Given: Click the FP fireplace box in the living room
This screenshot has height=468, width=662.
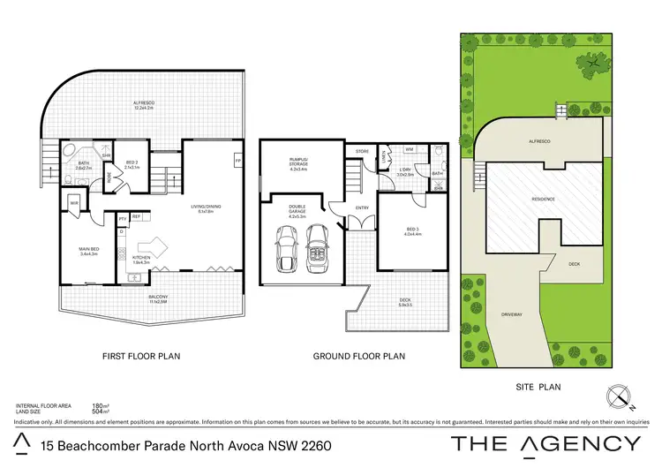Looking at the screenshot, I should pos(237,161).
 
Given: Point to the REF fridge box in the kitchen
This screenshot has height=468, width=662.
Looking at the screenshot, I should pos(136,215).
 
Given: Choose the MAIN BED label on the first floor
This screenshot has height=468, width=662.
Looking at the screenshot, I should pos(89,251).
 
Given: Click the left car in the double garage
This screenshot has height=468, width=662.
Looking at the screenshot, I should pos(288,251).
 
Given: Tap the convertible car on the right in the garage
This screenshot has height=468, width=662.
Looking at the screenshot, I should pos(315,253).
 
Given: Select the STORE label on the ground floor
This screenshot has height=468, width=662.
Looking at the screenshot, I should pos(362,152).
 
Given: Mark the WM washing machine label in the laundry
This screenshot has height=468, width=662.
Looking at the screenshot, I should pos(410,149).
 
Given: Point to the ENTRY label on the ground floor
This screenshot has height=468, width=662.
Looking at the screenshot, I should pos(362,208).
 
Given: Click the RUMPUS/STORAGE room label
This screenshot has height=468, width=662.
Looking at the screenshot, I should pos(297,162).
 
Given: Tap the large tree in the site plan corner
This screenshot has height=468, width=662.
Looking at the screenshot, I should pos(592,64).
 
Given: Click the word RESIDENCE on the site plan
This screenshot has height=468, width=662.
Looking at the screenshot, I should pos(543,199).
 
